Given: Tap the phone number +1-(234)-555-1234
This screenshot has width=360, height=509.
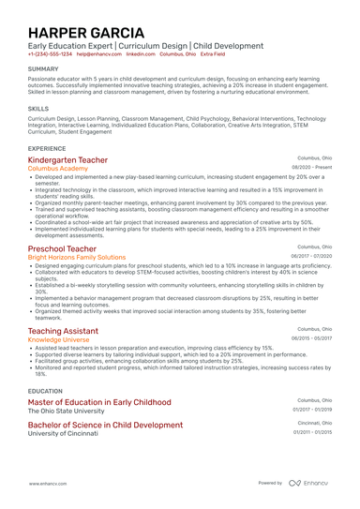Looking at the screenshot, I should [50, 54].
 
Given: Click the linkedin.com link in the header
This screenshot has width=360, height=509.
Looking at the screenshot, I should [141, 54].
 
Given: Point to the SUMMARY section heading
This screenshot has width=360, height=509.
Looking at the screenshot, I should [43, 69].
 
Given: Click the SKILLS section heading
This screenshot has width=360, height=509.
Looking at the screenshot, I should [38, 109].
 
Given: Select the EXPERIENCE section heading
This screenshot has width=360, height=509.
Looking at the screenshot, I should [47, 148].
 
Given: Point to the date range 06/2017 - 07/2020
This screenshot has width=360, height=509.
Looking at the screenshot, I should [311, 257].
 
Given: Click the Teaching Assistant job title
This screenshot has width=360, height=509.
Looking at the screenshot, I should [63, 331].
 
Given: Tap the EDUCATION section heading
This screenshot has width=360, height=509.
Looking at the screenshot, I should [46, 391].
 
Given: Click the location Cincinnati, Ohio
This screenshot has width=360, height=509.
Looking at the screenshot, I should [314, 423].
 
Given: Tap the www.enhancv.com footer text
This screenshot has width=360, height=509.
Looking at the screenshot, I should [45, 483].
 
